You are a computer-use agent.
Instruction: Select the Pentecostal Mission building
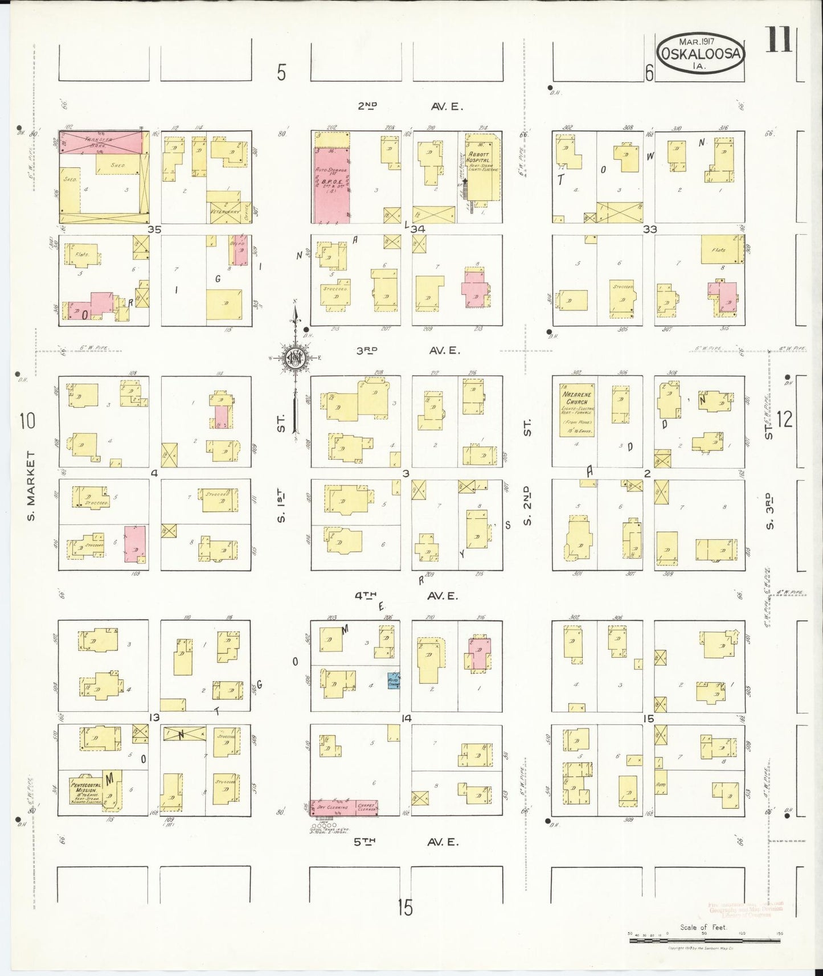85,792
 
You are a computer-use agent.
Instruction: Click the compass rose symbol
296,358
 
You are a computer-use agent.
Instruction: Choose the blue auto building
393,680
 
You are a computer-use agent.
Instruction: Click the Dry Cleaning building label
333,807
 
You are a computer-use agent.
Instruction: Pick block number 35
155,229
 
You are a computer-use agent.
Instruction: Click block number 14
406,719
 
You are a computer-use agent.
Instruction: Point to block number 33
649,229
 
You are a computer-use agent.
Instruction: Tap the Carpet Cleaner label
366,807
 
